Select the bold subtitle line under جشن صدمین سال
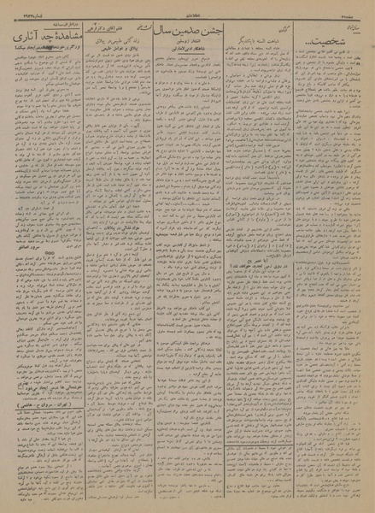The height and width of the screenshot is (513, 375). [199, 56]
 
